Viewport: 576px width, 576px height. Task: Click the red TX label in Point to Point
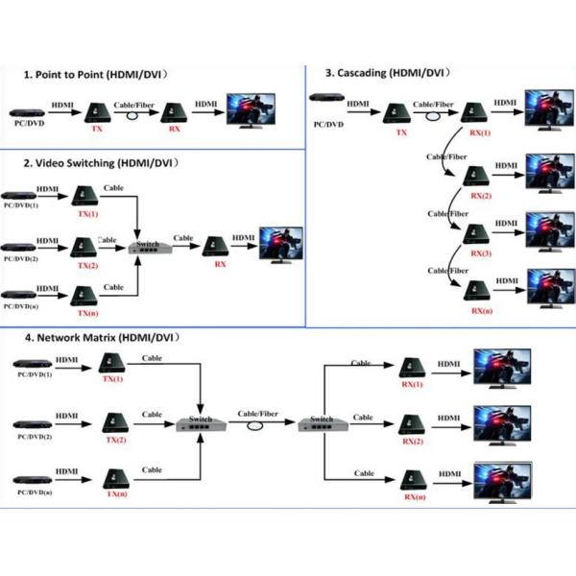tap(96, 127)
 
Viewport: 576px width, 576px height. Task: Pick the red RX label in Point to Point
tap(173, 127)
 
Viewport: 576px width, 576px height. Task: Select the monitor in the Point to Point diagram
tap(249, 109)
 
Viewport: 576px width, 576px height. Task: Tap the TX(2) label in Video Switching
tap(87, 264)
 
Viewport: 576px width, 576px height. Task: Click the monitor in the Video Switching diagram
tap(280, 246)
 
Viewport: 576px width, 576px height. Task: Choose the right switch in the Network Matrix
tap(320, 422)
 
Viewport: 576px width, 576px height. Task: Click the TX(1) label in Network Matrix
tap(113, 380)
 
